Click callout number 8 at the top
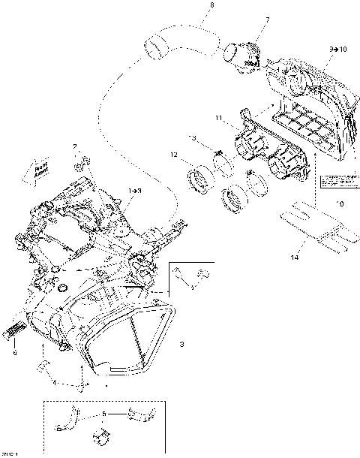211,6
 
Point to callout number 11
218,118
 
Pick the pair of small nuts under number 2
82,161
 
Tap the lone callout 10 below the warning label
341,203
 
